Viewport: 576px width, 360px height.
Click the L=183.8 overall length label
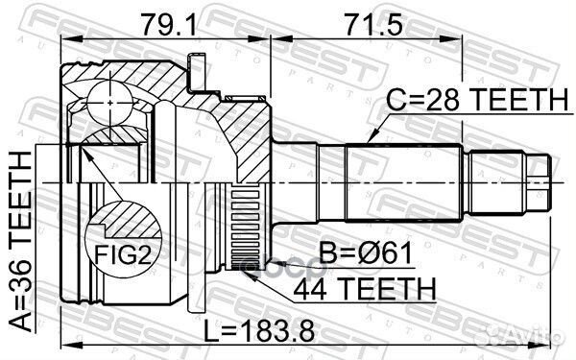coord(256,332)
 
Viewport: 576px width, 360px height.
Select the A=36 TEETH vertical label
coord(20,244)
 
